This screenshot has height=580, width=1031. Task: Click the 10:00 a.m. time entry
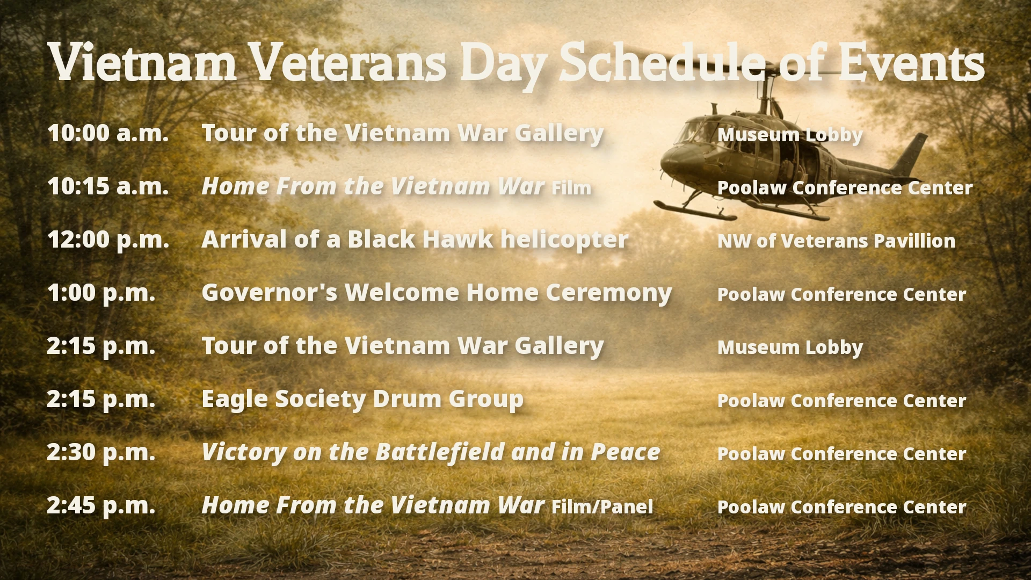click(x=108, y=133)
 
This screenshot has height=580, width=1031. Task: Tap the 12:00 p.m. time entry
click(x=108, y=240)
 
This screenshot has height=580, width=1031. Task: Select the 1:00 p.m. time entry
click(x=101, y=293)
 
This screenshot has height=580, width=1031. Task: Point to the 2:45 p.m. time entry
click(x=101, y=505)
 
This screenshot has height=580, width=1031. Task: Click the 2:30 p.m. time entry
click(x=101, y=452)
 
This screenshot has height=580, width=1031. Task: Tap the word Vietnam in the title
click(x=142, y=63)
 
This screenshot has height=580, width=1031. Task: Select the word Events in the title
click(x=911, y=63)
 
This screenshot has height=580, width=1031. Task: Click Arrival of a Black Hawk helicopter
click(x=415, y=240)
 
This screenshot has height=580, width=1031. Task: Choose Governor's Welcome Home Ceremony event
click(x=436, y=293)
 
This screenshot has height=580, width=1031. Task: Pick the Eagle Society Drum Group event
click(x=362, y=399)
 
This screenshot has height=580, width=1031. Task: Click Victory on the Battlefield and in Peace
click(x=431, y=452)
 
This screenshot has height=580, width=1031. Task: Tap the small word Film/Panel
click(x=602, y=507)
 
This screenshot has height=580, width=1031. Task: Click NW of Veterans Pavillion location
click(x=836, y=241)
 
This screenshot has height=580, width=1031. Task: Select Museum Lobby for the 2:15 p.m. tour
click(x=790, y=347)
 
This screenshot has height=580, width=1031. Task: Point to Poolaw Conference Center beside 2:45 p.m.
click(x=841, y=507)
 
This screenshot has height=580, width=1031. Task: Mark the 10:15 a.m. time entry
click(x=108, y=186)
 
